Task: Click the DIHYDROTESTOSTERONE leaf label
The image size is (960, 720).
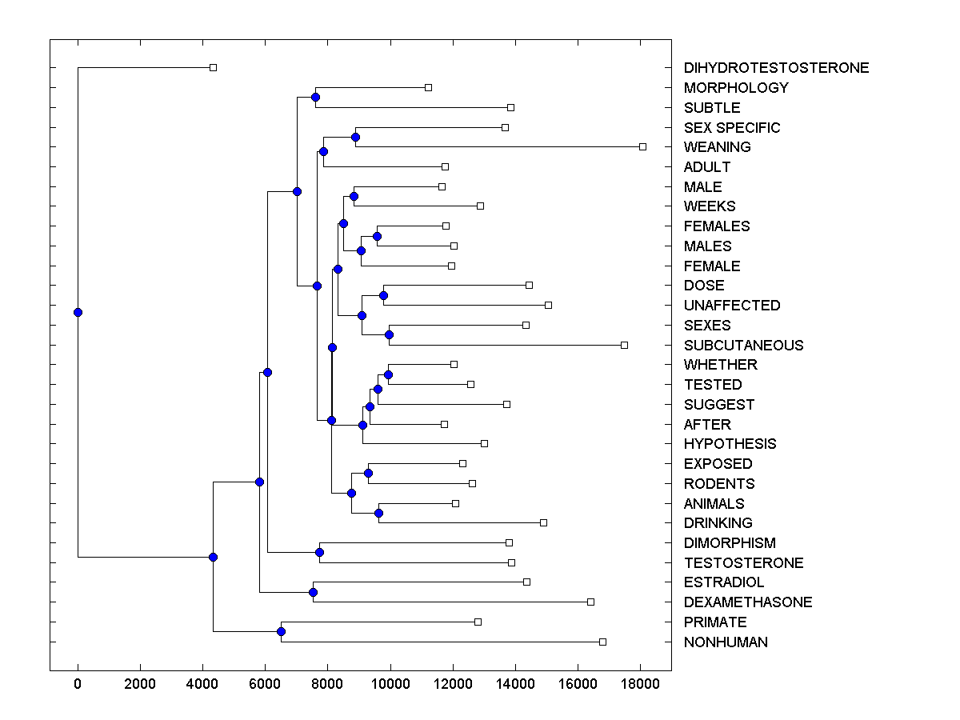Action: (x=776, y=68)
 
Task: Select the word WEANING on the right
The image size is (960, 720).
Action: (x=717, y=147)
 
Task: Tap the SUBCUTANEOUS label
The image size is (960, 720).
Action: (x=743, y=346)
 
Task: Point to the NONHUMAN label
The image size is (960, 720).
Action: (x=726, y=642)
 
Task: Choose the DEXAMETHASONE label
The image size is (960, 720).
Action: (x=747, y=602)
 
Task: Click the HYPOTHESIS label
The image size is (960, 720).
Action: (x=730, y=444)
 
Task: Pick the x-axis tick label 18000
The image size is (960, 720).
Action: (x=640, y=684)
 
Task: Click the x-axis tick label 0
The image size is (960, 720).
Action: (x=78, y=684)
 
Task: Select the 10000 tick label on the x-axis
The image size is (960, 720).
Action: (x=390, y=684)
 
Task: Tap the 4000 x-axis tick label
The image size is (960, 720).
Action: (x=202, y=684)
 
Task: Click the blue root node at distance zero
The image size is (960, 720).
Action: (x=78, y=312)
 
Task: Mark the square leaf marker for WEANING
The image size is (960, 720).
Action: (x=642, y=146)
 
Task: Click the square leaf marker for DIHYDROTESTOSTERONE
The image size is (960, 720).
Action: (x=213, y=67)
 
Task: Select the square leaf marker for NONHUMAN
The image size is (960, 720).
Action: (x=602, y=642)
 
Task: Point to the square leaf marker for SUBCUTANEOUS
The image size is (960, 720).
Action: (x=624, y=345)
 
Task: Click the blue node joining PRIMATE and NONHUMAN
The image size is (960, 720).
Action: (x=281, y=631)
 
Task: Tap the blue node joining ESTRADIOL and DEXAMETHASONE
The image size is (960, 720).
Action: (x=313, y=592)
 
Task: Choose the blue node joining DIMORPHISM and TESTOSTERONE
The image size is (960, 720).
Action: (x=319, y=552)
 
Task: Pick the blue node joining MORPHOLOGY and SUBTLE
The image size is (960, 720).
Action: (x=315, y=97)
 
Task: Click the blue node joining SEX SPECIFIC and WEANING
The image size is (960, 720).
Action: (x=355, y=137)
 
